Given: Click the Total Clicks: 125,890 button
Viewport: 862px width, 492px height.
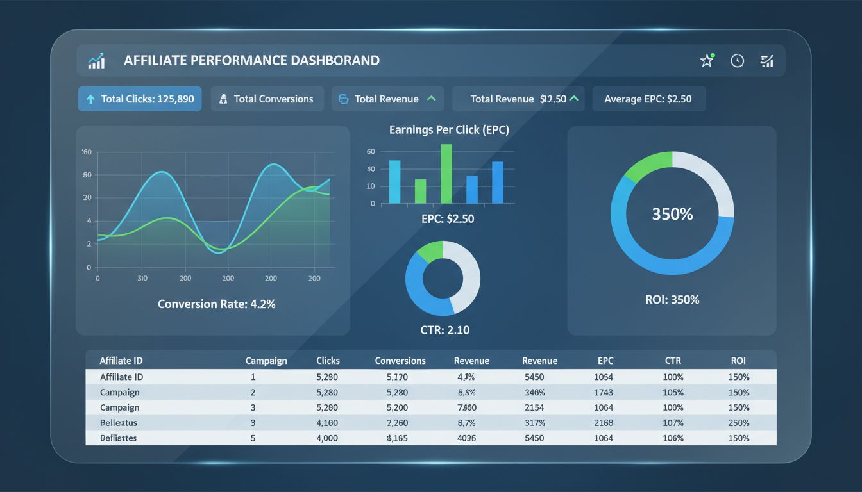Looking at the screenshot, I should coord(140,99).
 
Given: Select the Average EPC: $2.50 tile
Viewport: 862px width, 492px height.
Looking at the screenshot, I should coord(648,99).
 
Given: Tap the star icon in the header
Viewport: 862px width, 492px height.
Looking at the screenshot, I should coord(707,61).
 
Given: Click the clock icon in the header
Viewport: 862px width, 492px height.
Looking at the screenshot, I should coord(738,61).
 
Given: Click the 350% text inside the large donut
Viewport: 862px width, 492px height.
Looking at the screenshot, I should coord(672,215).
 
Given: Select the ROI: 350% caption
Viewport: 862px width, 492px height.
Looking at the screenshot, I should coord(672,299).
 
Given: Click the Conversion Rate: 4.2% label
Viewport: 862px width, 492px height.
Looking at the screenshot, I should coord(216,304).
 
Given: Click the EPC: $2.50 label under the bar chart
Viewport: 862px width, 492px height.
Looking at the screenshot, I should coord(448,218).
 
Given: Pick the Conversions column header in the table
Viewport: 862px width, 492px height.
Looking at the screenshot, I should coord(400,361).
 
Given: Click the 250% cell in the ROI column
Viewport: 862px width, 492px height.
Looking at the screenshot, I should coord(739,423).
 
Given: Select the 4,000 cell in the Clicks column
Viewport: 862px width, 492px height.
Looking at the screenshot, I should coord(327,438).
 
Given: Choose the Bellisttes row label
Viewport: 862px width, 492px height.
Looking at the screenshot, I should coord(119,438).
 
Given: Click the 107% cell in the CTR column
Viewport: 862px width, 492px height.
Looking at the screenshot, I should coord(673,423).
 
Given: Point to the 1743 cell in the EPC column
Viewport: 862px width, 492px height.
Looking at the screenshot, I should coord(604,392).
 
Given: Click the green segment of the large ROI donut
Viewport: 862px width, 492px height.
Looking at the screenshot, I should coord(645,165).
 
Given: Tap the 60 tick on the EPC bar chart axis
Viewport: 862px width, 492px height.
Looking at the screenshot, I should coord(371,152).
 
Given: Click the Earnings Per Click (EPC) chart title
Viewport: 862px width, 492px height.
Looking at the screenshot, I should coord(449,129).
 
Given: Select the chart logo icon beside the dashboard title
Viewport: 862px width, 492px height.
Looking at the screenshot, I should coord(97,61).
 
